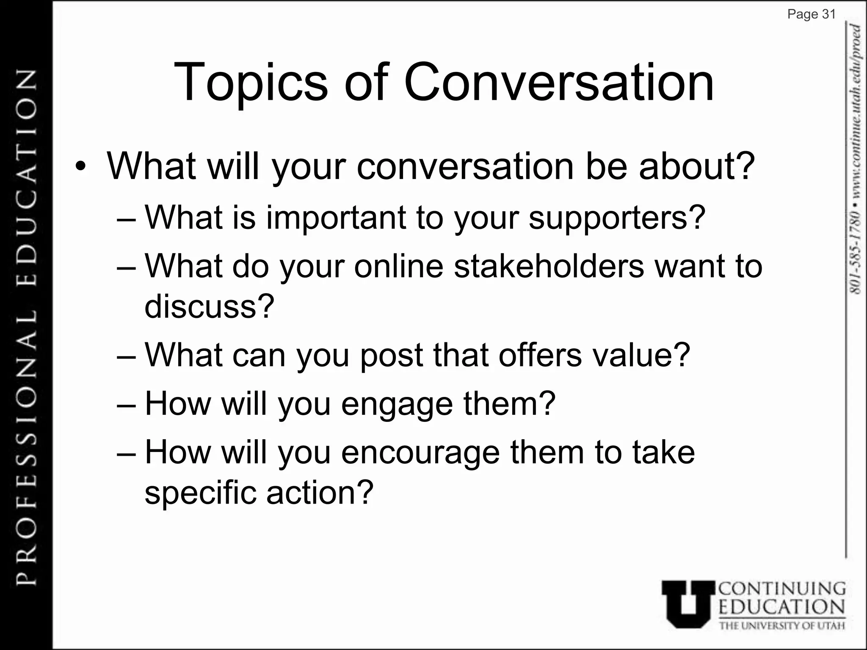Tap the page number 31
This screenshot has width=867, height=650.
point(828,14)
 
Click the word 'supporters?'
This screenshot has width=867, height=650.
point(617,218)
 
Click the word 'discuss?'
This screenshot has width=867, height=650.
point(210,306)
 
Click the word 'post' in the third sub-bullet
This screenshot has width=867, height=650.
point(391,355)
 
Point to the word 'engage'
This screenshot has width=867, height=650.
point(397,405)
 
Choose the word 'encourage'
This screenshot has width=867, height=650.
point(420,453)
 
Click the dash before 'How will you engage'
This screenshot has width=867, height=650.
point(126,404)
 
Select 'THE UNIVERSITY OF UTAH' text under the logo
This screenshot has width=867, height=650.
point(782,626)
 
